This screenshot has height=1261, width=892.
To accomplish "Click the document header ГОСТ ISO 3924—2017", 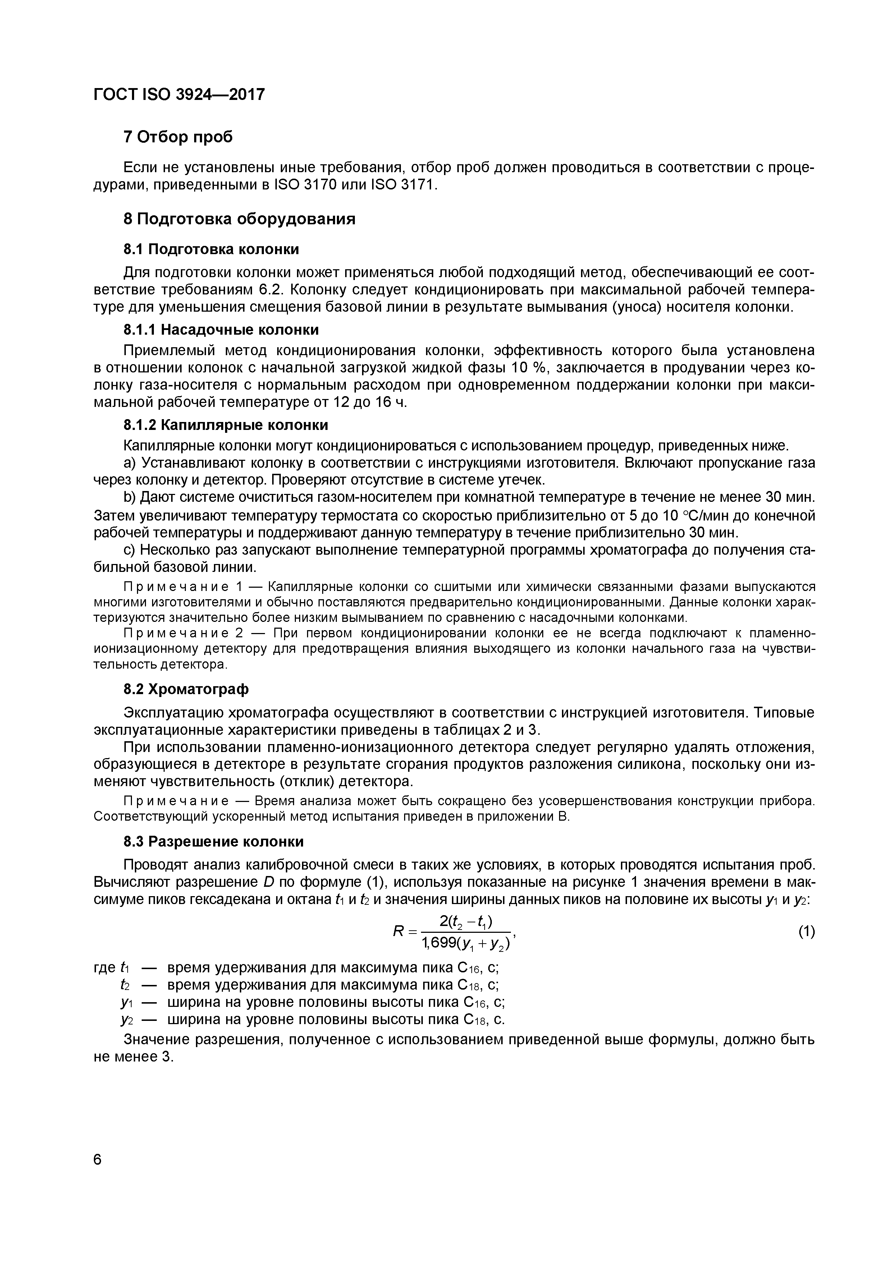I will (x=179, y=95).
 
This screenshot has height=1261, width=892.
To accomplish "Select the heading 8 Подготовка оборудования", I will (x=239, y=219).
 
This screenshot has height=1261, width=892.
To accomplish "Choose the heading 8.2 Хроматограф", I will (x=186, y=689).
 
